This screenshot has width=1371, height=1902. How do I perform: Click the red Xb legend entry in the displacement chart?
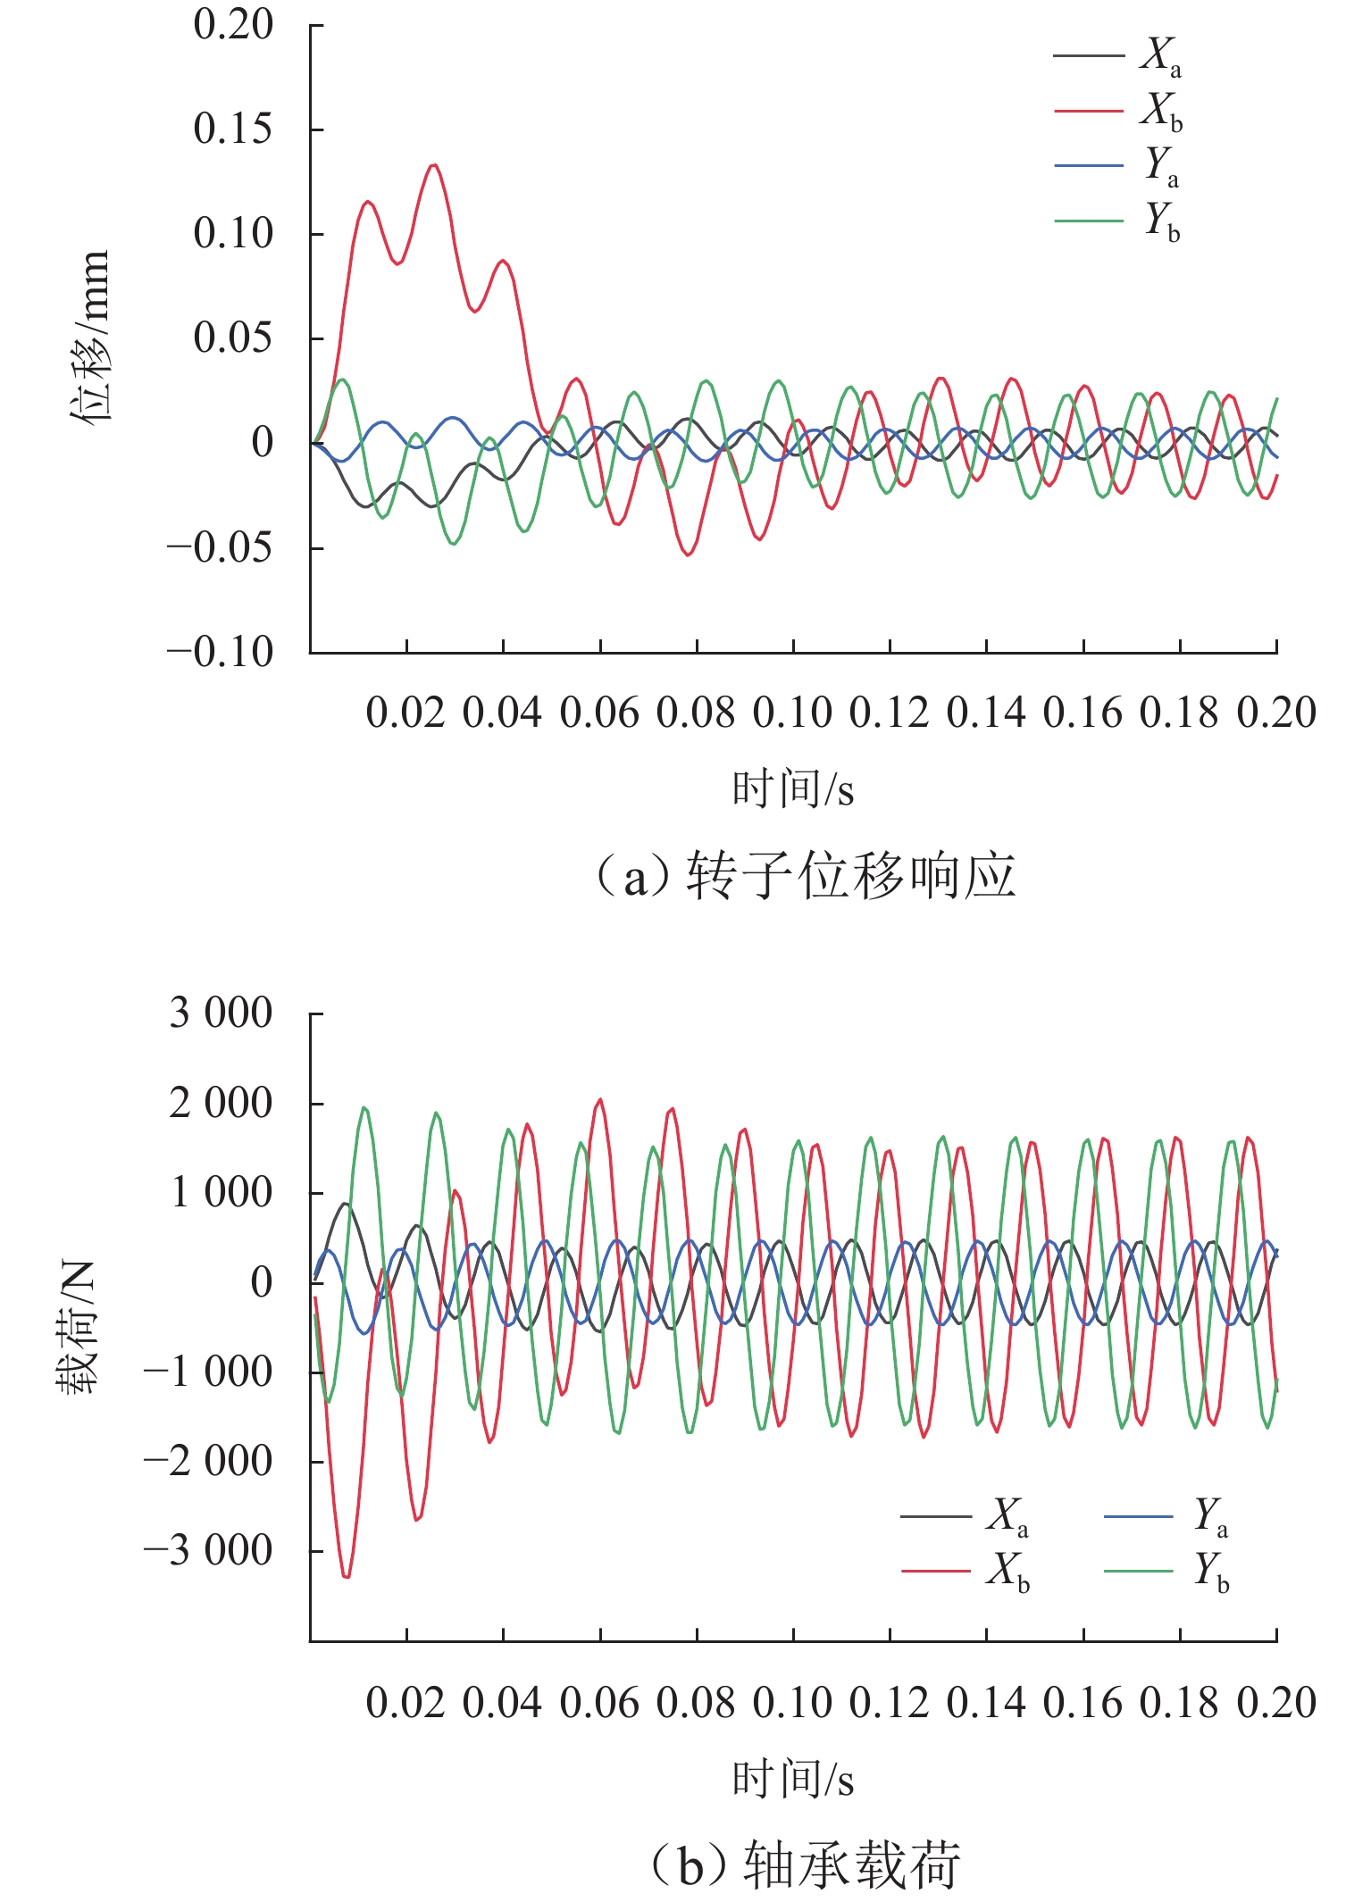(1118, 111)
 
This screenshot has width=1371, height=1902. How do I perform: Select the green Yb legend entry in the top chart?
(1118, 220)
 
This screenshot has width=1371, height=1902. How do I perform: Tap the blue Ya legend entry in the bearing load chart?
(1166, 1515)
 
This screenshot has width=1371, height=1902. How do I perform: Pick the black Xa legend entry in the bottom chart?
(965, 1515)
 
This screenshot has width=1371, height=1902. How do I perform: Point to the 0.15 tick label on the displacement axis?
(232, 129)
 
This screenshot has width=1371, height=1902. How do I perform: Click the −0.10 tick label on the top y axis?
(220, 652)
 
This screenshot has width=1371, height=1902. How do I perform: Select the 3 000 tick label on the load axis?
(221, 1014)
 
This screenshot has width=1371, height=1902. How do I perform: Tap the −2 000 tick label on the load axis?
(208, 1462)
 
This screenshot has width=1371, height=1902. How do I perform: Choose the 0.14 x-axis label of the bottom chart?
(986, 1704)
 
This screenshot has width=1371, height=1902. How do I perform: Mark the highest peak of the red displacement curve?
(434, 165)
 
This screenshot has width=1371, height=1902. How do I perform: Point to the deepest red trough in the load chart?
(347, 1577)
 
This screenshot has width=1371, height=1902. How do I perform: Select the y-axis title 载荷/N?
(77, 1327)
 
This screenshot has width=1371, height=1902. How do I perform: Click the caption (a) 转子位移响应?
(804, 876)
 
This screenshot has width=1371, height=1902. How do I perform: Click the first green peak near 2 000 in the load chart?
(364, 1108)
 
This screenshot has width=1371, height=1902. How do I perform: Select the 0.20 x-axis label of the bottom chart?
(1276, 1704)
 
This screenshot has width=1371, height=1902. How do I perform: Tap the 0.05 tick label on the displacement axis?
(232, 338)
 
